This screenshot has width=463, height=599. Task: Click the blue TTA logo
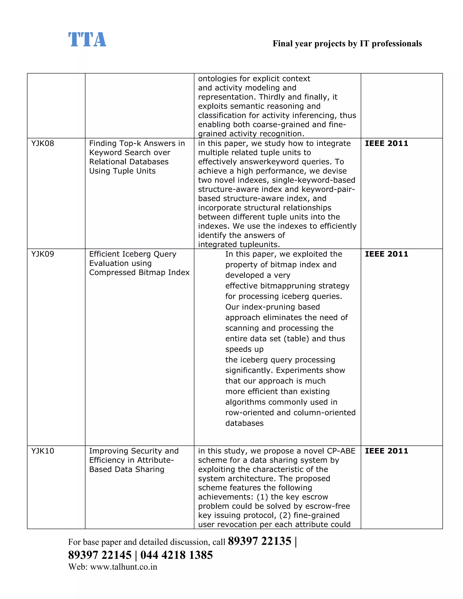point(87,40)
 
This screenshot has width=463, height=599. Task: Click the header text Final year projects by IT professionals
point(347,44)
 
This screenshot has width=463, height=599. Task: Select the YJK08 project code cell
point(43,144)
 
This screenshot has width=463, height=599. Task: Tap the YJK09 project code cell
point(43,254)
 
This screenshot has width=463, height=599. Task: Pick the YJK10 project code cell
point(43,451)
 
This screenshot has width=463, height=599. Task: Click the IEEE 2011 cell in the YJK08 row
point(386,144)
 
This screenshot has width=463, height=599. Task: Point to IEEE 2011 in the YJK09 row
point(386,254)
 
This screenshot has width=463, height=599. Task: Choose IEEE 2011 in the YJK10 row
point(386,451)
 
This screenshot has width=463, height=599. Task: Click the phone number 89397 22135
point(259,541)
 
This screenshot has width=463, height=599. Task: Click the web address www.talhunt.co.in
point(123,567)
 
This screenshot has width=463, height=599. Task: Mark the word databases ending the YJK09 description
point(244,423)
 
